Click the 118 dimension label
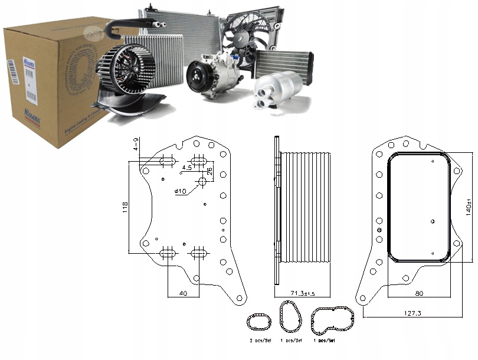coord(125,208)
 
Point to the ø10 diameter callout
coord(181,191)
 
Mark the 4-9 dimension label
coord(136,145)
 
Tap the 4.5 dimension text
coord(187,168)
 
